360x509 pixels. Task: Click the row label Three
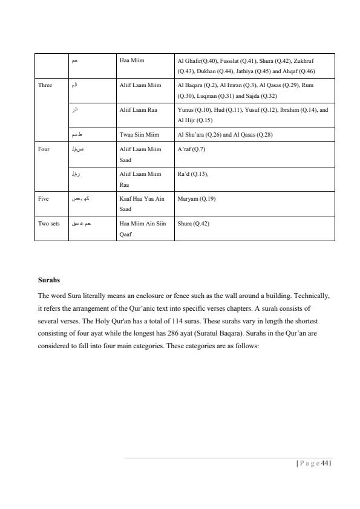[x=45, y=85]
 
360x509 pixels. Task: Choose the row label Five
[x=44, y=198]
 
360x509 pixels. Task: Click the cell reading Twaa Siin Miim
[x=139, y=135]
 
